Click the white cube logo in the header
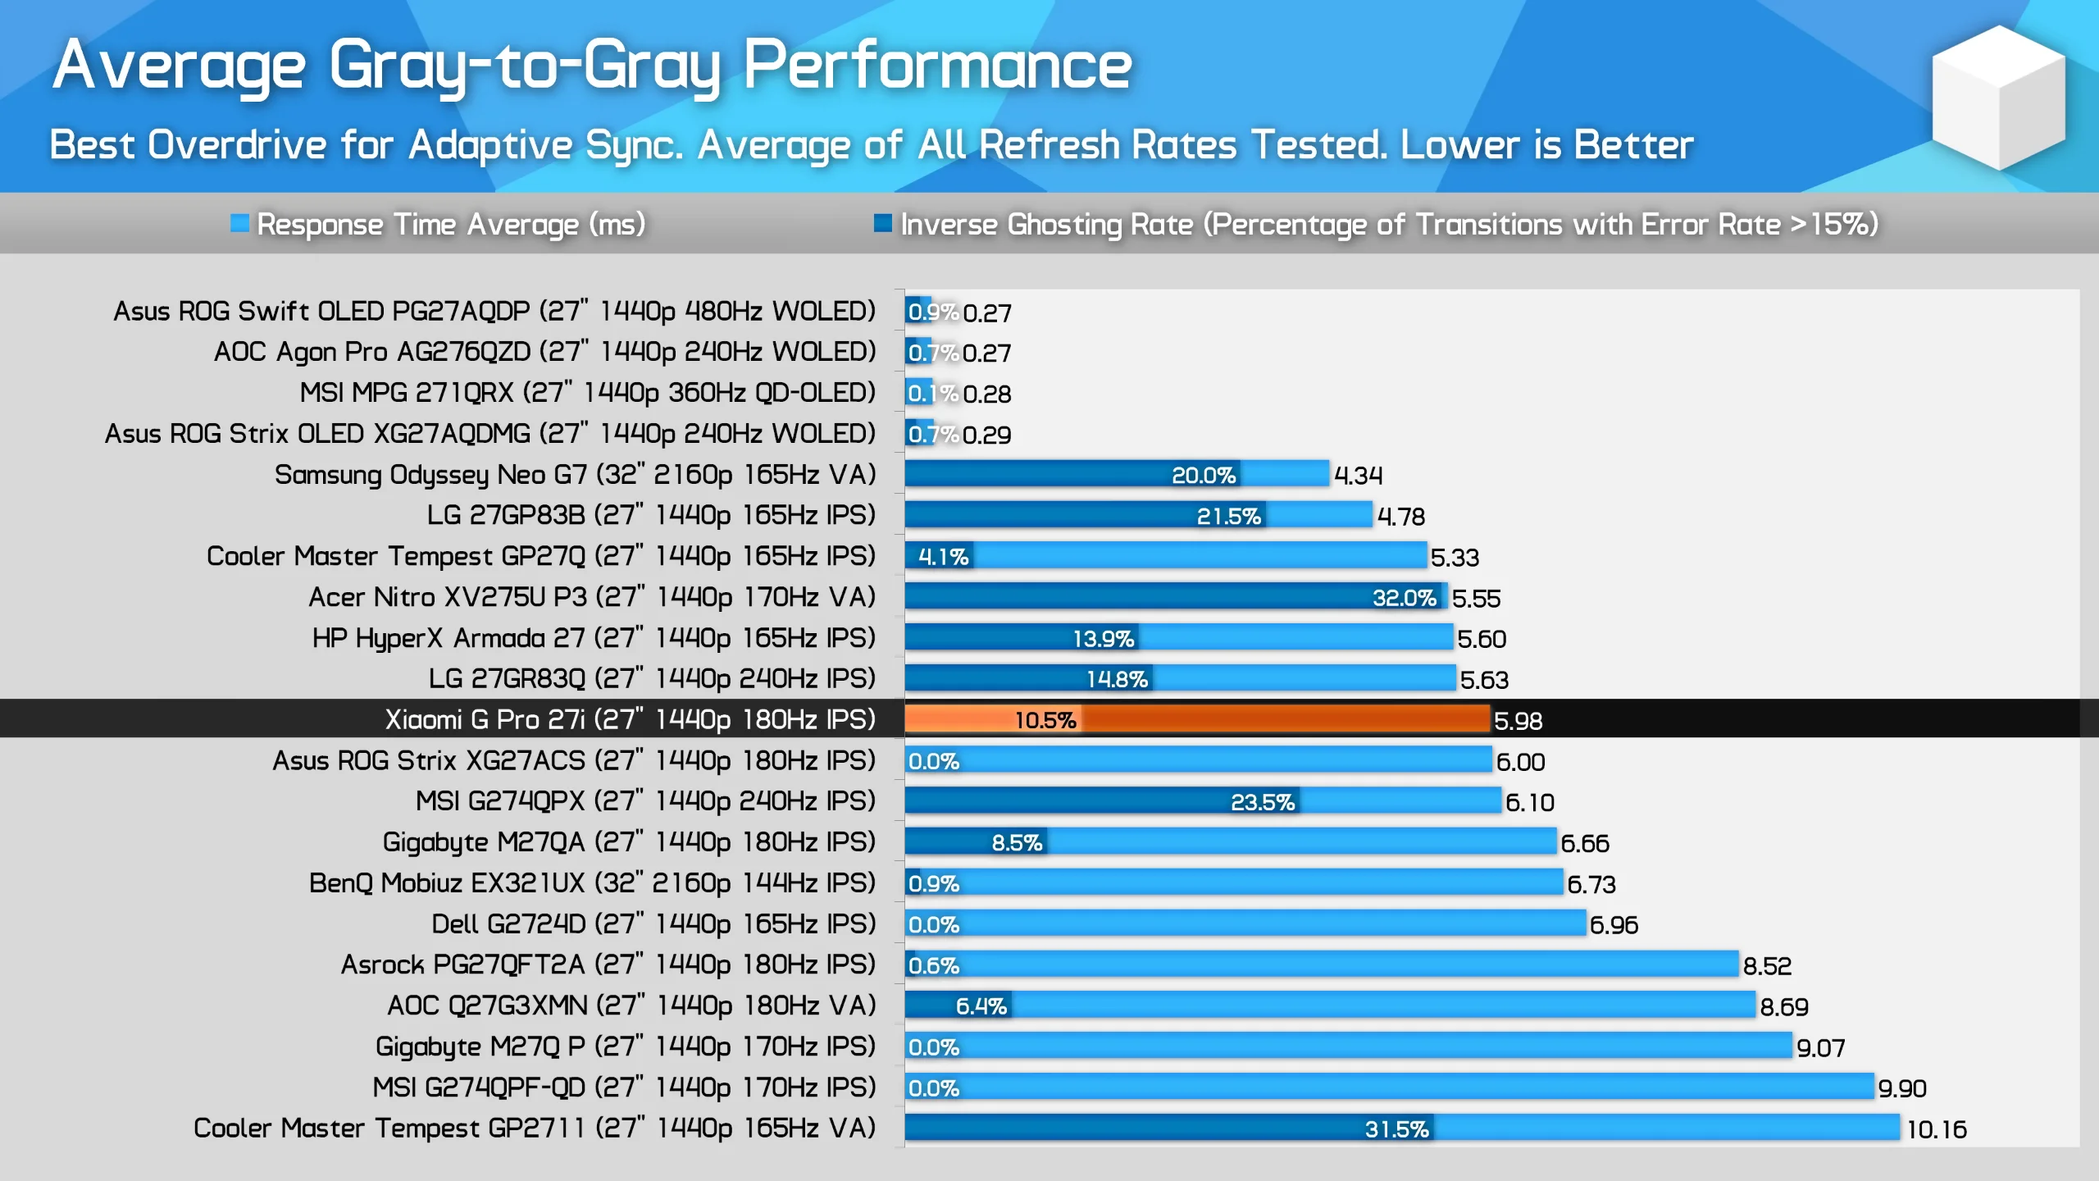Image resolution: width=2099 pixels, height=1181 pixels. click(1998, 97)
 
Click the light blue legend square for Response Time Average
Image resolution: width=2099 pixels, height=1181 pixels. click(239, 223)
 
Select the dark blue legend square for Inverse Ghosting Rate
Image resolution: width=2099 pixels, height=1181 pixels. click(882, 223)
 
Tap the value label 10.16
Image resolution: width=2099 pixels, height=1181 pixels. click(1937, 1129)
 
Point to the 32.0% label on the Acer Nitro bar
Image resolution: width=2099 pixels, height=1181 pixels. click(1404, 598)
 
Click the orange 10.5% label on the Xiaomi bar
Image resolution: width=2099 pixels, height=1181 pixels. click(1045, 720)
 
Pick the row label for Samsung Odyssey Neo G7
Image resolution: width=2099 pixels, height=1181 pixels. click(575, 474)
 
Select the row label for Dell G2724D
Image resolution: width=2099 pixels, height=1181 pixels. click(653, 923)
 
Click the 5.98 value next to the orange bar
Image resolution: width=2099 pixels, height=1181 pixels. click(1518, 721)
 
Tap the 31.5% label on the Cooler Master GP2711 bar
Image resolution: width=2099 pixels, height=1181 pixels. click(1396, 1129)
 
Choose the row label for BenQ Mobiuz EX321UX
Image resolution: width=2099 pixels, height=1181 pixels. click(592, 882)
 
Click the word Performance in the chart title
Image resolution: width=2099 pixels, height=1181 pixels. click(937, 66)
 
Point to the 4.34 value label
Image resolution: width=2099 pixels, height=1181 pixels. click(1358, 476)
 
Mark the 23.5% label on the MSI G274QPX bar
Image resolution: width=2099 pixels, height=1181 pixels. click(1262, 802)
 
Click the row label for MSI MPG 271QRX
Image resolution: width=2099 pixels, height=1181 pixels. click(587, 392)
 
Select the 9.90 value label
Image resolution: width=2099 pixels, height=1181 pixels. click(1902, 1088)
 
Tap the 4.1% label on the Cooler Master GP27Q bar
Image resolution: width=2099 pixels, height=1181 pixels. click(943, 557)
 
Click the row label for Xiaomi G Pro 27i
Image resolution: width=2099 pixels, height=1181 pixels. click(630, 719)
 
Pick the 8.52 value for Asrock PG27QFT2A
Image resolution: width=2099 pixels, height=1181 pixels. click(1767, 966)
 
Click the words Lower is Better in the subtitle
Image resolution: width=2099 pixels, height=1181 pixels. click(1546, 145)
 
